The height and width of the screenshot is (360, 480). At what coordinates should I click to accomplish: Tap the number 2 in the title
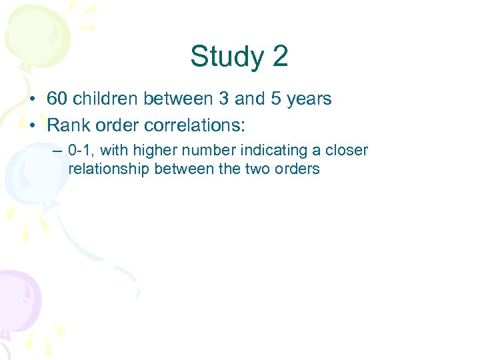point(280,57)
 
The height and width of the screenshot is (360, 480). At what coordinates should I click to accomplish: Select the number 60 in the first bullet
point(57,99)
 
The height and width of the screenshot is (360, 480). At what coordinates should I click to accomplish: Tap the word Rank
point(67,124)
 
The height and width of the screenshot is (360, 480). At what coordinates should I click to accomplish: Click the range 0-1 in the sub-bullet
point(81,150)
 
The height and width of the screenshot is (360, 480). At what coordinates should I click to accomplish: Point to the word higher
point(153,150)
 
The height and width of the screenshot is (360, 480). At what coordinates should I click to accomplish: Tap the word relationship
point(109,169)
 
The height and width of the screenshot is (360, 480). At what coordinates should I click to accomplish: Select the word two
point(257,169)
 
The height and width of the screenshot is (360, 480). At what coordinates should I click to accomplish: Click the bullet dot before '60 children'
point(32,100)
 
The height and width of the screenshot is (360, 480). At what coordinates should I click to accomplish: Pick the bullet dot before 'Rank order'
point(32,125)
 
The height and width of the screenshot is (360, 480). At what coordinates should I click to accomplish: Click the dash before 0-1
point(59,151)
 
